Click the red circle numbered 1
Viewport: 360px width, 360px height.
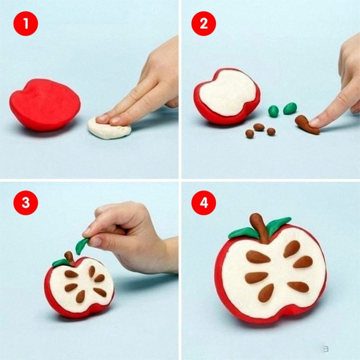[x=26, y=23]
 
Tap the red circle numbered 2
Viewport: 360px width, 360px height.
[x=203, y=23]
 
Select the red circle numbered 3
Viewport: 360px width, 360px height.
[x=26, y=203]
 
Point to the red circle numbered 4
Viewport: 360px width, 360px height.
[x=203, y=203]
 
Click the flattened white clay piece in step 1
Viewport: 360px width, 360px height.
[x=109, y=129]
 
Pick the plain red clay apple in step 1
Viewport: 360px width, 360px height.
[x=45, y=105]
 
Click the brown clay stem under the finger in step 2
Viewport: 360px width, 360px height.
[x=306, y=125]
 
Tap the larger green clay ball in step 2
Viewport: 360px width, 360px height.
[x=290, y=109]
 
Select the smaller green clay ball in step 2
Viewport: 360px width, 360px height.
[x=273, y=111]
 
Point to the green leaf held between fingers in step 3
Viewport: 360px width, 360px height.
[x=82, y=246]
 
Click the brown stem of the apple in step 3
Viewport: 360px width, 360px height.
[x=69, y=258]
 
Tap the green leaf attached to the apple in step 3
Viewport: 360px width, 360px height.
[x=60, y=262]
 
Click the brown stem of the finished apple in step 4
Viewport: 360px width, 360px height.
[x=260, y=228]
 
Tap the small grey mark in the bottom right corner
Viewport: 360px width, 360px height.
[x=326, y=349]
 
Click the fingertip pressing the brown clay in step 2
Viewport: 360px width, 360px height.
[x=315, y=123]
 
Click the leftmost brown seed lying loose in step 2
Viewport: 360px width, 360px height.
[x=249, y=134]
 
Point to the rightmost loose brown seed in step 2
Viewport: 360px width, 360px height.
[x=271, y=131]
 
